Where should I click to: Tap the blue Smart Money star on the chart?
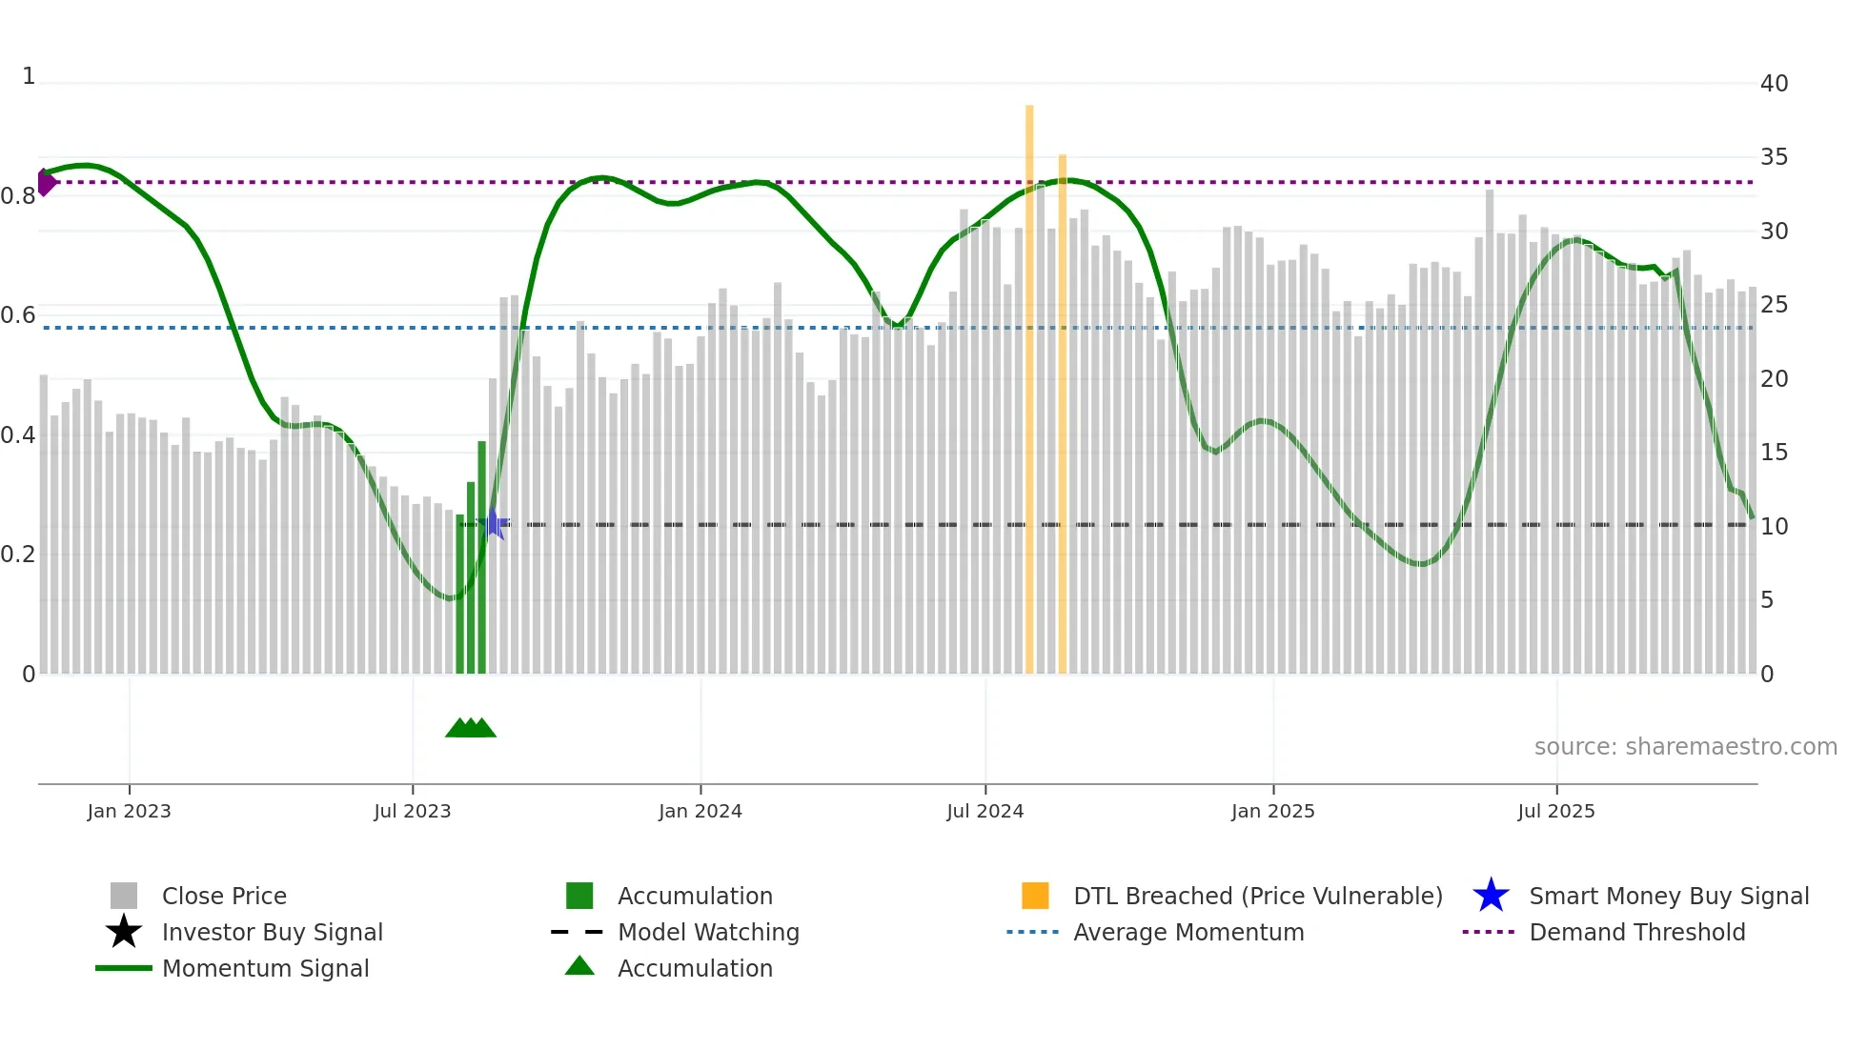[493, 524]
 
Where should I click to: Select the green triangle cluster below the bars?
[471, 728]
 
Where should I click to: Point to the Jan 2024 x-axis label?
[700, 811]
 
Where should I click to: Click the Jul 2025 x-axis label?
[1555, 811]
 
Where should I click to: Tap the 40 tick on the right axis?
[1774, 84]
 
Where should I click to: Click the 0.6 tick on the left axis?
[18, 315]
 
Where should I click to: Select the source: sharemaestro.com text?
[1685, 746]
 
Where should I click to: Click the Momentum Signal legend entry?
[265, 968]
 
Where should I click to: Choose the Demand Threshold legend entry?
[1636, 932]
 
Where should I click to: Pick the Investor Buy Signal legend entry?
[272, 932]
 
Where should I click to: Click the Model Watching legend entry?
[708, 932]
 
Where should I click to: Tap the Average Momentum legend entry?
[1188, 932]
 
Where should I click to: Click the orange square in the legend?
[1035, 896]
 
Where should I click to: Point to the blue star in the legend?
[1491, 896]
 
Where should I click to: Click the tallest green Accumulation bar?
[482, 557]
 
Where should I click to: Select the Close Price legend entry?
[224, 896]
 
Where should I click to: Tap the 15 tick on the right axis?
[1774, 453]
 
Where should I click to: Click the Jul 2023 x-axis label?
[412, 811]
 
